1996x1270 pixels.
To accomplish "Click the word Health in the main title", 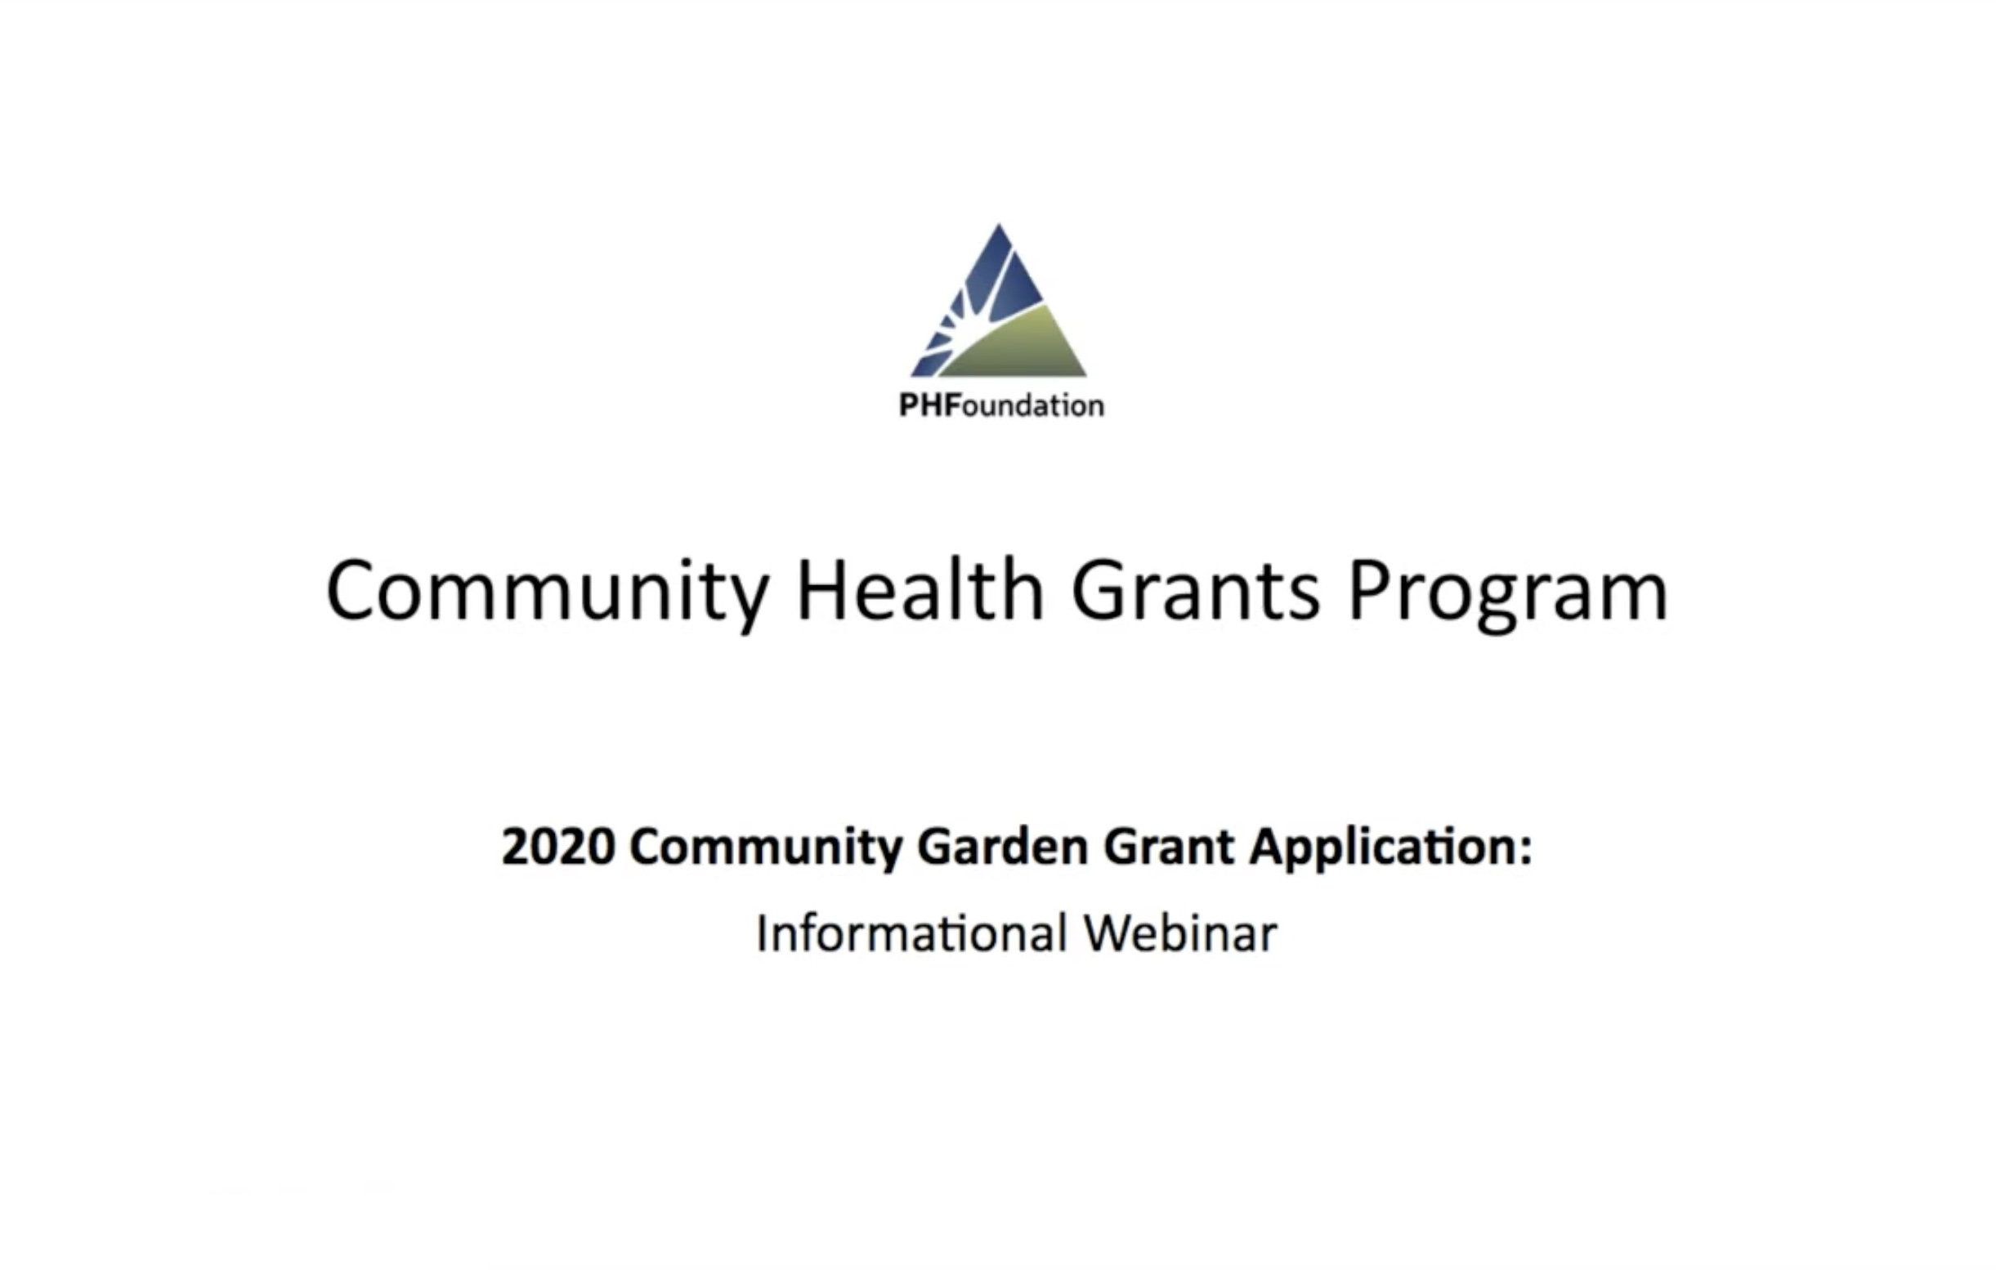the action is (x=920, y=588).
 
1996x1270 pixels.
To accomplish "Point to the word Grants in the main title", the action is (x=1195, y=589).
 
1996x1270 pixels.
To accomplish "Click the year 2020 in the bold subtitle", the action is (x=559, y=847).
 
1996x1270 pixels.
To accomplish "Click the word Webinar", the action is (x=1180, y=933).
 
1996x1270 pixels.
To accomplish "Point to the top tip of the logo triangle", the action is (x=999, y=223).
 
